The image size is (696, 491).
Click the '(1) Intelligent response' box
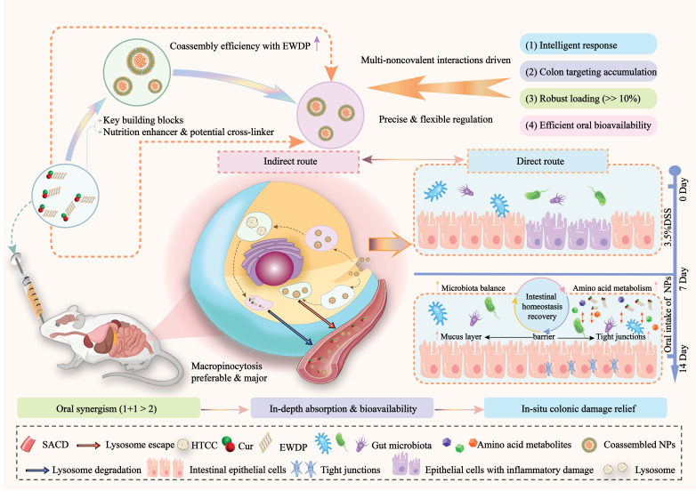[587, 44]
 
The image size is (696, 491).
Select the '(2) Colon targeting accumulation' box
[587, 71]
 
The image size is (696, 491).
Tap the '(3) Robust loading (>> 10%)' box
[587, 99]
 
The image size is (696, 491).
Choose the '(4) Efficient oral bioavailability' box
[587, 125]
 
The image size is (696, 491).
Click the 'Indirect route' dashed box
[288, 162]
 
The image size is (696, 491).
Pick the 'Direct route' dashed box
[538, 161]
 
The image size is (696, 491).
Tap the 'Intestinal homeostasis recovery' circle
[541, 306]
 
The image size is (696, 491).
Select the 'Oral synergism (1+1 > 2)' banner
[109, 408]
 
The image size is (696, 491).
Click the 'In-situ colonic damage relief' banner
[575, 408]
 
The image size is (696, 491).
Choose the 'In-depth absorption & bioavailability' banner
[343, 408]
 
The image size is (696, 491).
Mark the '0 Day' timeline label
[684, 189]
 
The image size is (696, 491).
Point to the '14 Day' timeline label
[684, 358]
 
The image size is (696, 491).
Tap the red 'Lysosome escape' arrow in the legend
[88, 445]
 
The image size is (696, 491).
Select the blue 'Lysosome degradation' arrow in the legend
[37, 471]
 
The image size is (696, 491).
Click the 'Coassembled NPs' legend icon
[589, 445]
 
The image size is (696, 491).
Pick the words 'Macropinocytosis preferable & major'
[229, 372]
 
